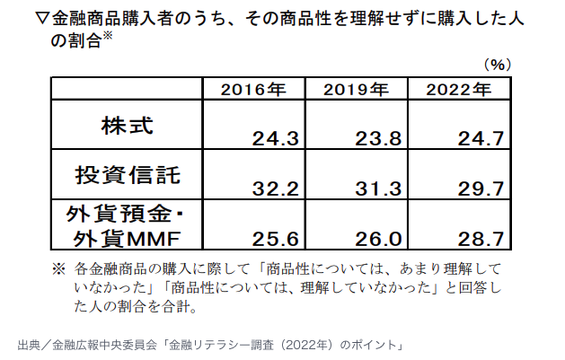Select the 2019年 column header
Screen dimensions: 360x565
356,89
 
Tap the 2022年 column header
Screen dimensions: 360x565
457,89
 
